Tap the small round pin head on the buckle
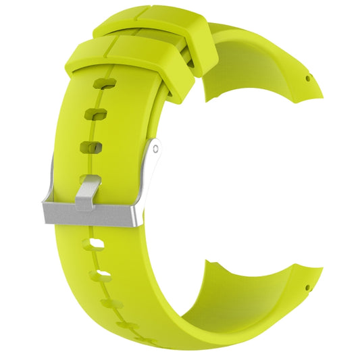coord(155,147)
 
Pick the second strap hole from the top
coord(99,113)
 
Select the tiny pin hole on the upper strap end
coord(308,78)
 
